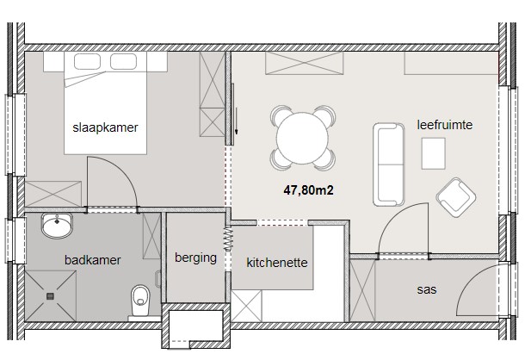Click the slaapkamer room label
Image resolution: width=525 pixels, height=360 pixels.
tap(105, 127)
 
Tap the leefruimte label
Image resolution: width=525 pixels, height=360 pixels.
tap(445, 125)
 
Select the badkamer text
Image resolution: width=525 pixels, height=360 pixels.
tap(93, 260)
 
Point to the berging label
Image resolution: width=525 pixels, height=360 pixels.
tap(195, 258)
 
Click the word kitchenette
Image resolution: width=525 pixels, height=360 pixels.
tap(277, 263)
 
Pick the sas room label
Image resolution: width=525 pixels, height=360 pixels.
tap(427, 289)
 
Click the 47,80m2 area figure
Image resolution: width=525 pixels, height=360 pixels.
tap(308, 190)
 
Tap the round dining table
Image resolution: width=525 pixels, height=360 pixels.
tap(302, 138)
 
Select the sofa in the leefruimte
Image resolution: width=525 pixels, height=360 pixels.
tap(388, 164)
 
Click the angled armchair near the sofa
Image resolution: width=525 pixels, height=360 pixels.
tap(455, 197)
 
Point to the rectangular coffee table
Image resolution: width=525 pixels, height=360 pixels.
tap(433, 153)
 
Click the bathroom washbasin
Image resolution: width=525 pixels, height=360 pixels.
tap(57, 226)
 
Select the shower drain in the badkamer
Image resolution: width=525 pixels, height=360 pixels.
tap(50, 296)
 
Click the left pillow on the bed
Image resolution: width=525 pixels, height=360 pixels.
tap(87, 61)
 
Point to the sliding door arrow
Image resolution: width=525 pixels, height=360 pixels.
tap(236, 121)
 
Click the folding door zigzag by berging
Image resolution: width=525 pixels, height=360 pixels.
tap(228, 239)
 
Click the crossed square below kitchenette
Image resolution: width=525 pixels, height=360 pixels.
tap(246, 307)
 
